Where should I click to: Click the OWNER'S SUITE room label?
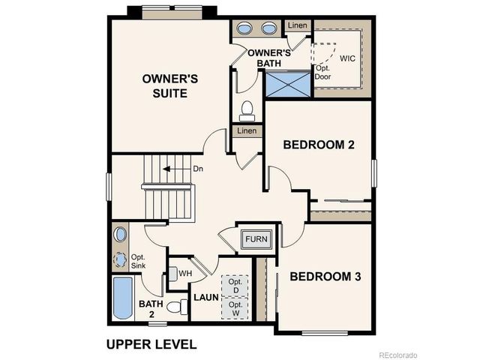pos(170,85)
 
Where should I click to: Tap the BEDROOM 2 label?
pos(318,145)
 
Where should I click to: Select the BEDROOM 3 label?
pos(325,277)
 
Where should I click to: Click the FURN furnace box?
pos(255,241)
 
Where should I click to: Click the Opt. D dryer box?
pos(235,285)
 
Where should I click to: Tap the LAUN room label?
pos(205,298)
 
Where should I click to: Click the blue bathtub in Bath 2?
pos(121,298)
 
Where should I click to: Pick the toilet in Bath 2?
pos(177,307)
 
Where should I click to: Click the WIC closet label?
pos(348,58)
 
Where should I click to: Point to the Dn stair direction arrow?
pos(178,169)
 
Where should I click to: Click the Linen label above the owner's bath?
pos(296,26)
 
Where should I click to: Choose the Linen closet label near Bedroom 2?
pos(247,131)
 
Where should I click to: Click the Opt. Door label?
pos(323,72)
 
